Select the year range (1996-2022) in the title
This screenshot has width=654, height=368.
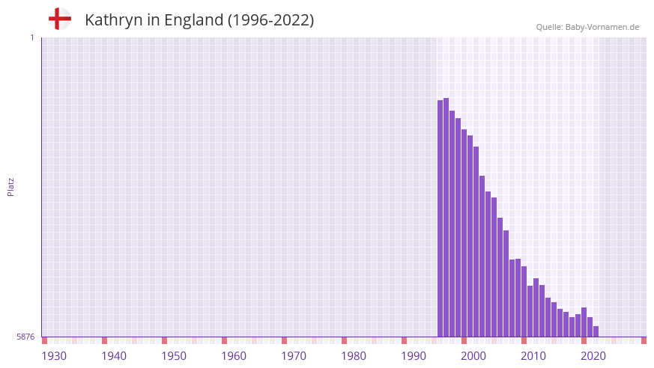coord(270,20)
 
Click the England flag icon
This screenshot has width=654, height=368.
coord(59,19)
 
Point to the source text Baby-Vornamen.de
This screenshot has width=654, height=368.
coord(602,27)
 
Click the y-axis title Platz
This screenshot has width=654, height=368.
coord(10,186)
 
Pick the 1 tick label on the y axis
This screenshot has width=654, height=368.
coord(31,37)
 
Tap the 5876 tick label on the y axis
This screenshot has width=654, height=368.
coord(25,337)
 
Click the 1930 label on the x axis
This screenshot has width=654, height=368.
coord(54,356)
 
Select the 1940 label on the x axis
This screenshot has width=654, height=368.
coord(114,356)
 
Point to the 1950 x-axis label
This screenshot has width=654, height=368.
coord(174,356)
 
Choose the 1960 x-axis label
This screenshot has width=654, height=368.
coord(234,356)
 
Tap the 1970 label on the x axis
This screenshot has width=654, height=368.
coord(294,356)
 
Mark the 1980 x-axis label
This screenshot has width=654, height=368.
coord(354,356)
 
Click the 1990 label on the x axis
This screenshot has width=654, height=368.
coord(414,356)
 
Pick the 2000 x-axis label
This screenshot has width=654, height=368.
coord(473,356)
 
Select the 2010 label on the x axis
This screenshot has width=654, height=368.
coord(533,356)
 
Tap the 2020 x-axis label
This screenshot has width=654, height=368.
coord(593,356)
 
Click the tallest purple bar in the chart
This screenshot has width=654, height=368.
coord(446,217)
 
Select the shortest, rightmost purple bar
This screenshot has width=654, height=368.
coord(596,331)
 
